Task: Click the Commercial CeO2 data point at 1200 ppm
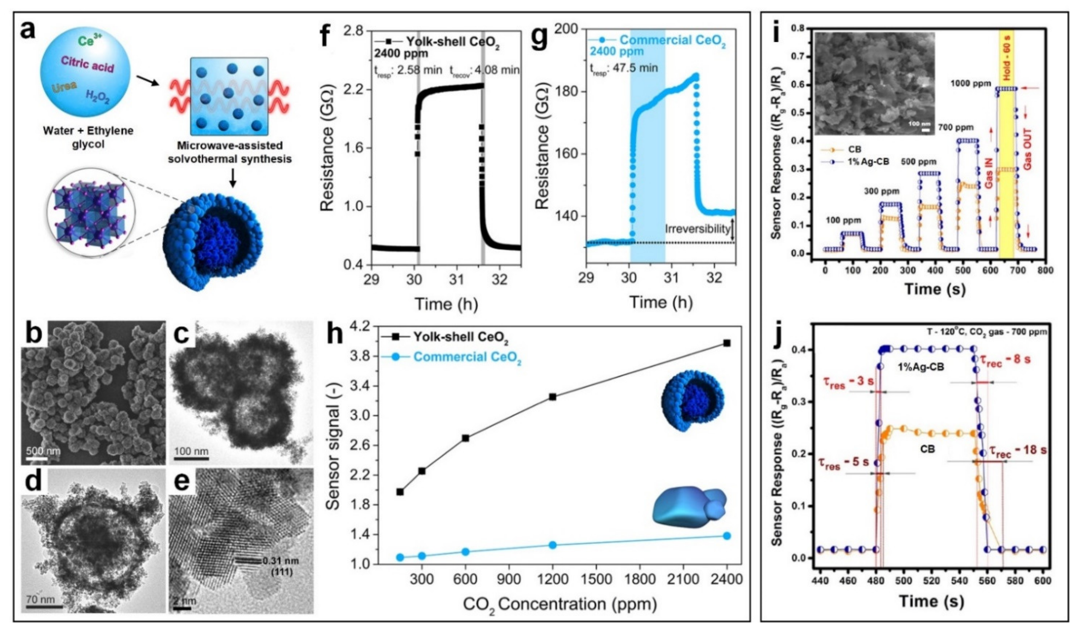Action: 552,545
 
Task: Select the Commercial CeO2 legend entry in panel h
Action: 467,357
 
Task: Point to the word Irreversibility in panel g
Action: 697,229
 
